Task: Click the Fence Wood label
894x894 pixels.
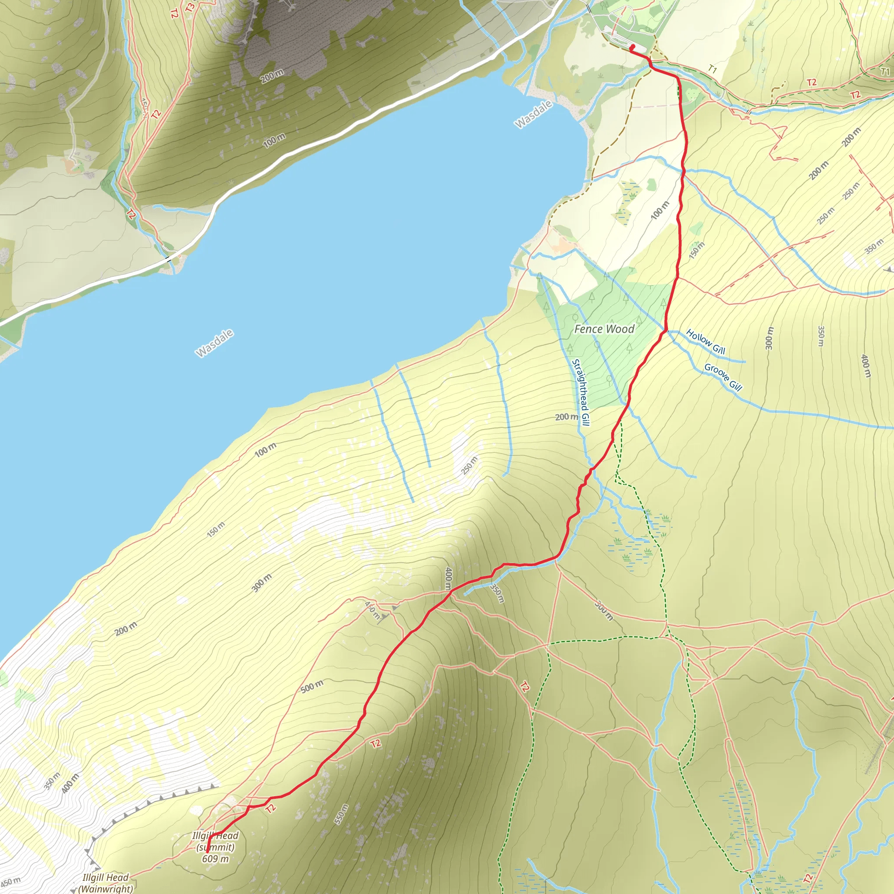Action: click(x=604, y=329)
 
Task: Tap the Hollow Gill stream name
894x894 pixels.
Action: click(x=705, y=341)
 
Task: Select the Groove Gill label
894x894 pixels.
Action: click(x=723, y=377)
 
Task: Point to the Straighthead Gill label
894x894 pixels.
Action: click(x=580, y=392)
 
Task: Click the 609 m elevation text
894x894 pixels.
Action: click(x=215, y=859)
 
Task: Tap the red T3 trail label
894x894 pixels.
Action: click(x=189, y=7)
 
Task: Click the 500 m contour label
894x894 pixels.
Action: click(x=312, y=687)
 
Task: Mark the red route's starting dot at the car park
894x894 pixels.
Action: click(x=632, y=46)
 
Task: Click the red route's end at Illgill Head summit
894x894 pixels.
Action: click(x=207, y=850)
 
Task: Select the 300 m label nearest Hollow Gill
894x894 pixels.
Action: click(x=769, y=338)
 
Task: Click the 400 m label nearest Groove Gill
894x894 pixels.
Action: click(x=865, y=365)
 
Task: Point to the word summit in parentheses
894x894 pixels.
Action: click(x=215, y=847)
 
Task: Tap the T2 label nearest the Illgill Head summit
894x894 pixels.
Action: click(x=270, y=808)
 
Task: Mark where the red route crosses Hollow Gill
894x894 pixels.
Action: click(x=665, y=330)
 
